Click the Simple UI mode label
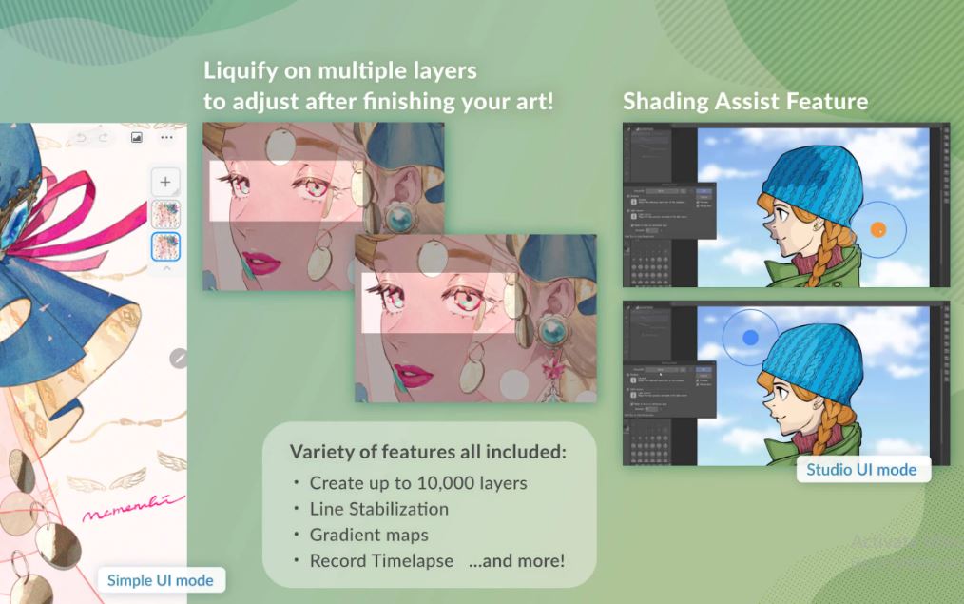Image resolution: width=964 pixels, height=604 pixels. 160,580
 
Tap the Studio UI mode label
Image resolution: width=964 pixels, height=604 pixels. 861,469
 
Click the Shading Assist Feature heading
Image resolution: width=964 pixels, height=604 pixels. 744,101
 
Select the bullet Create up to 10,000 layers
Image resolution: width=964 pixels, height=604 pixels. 418,482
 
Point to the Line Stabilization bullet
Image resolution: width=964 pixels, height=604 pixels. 378,509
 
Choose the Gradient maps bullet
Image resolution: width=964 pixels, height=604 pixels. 369,535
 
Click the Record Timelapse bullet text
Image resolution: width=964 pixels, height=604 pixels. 381,560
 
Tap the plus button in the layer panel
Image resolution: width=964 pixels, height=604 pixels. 165,182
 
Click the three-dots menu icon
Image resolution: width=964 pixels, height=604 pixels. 166,138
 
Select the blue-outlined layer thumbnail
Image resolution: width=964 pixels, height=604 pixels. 165,246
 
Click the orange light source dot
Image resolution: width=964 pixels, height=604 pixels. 877,228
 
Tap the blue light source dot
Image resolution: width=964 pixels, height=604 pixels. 750,337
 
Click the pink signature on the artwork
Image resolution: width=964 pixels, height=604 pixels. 133,509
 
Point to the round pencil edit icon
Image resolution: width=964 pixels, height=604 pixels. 179,358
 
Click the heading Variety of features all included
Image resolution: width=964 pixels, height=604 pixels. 428,452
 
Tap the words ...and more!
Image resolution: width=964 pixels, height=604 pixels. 516,560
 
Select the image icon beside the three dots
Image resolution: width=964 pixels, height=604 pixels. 137,138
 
